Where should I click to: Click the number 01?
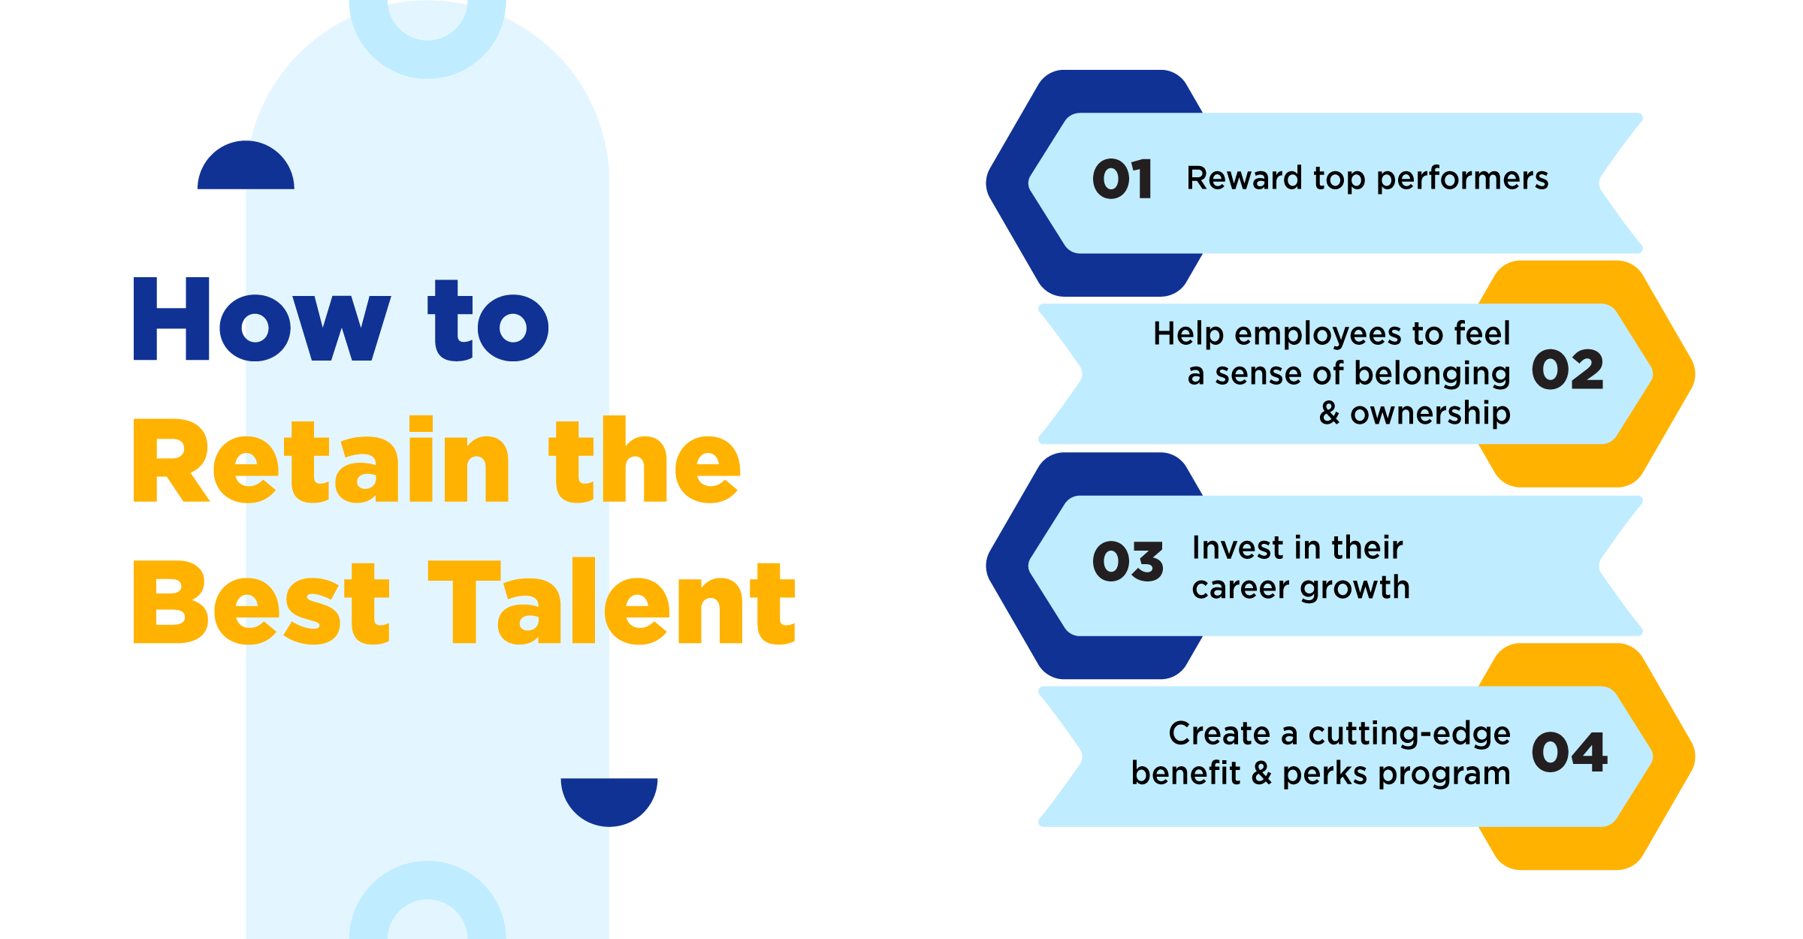[x=1122, y=179]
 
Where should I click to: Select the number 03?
[x=1128, y=561]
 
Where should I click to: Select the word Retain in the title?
[x=322, y=460]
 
